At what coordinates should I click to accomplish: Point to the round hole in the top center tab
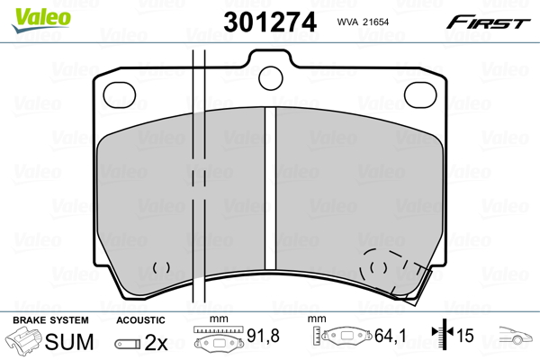click(270, 76)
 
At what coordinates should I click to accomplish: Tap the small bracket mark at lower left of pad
click(162, 267)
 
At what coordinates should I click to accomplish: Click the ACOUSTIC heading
click(140, 320)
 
